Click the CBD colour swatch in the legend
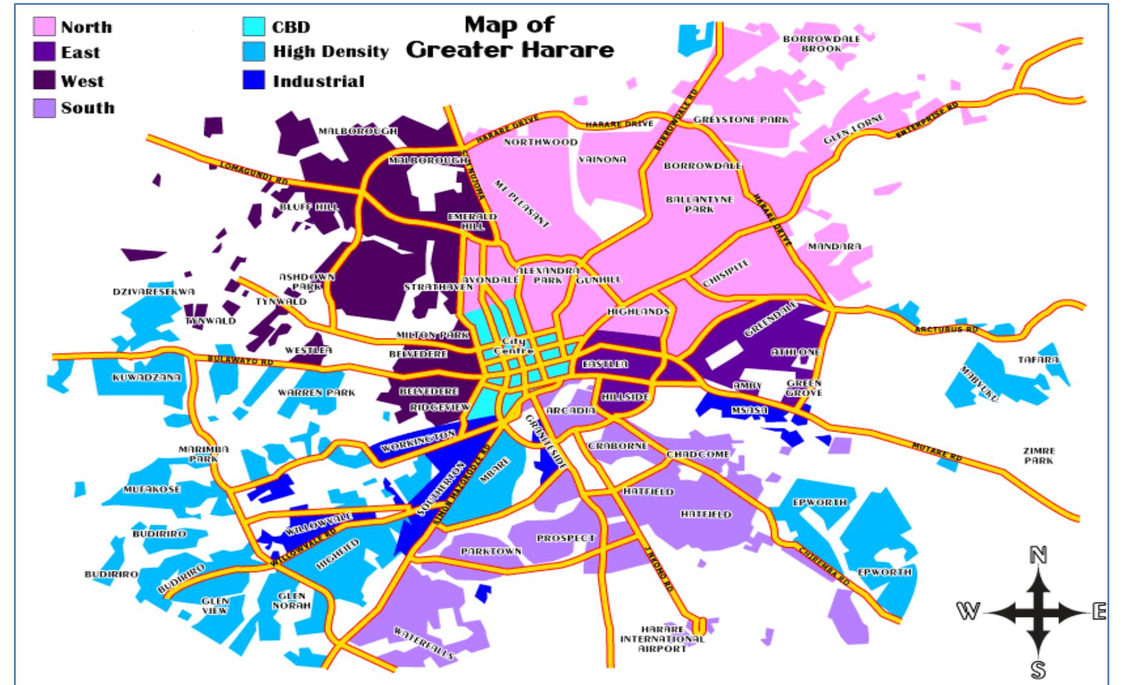click(x=254, y=26)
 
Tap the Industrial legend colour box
click(x=254, y=81)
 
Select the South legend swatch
click(x=44, y=108)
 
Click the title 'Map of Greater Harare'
click(x=510, y=37)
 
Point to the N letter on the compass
click(x=1038, y=555)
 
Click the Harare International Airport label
click(x=662, y=639)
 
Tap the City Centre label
click(x=513, y=346)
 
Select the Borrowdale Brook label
click(x=821, y=43)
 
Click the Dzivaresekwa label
click(x=154, y=292)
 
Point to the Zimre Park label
click(x=1039, y=456)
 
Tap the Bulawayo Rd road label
click(x=240, y=360)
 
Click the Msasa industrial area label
click(x=749, y=411)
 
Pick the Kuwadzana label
click(x=147, y=377)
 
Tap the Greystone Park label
click(x=741, y=120)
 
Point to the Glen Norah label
click(x=291, y=601)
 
